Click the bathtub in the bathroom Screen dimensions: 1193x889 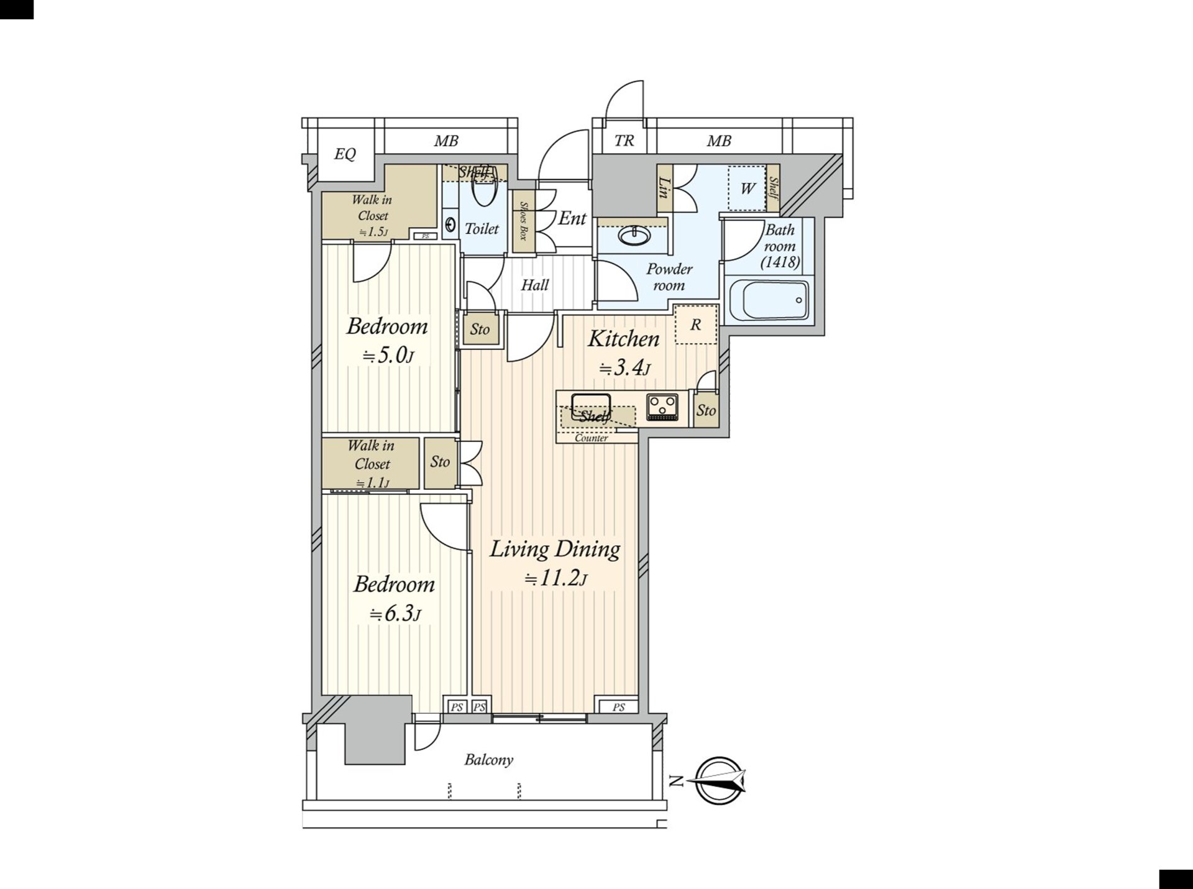tap(768, 301)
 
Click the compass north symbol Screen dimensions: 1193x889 tap(719, 780)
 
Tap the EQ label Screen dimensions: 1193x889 tap(345, 154)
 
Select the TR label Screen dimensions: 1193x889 tap(624, 141)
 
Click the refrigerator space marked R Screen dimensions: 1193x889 tap(696, 324)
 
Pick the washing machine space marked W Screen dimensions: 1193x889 tap(747, 188)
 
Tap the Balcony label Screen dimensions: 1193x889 tap(488, 760)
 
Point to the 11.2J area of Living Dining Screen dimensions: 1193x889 tap(555, 579)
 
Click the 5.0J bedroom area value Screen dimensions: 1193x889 tap(388, 356)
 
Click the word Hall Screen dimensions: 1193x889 tap(534, 285)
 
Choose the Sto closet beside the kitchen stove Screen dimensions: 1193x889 tap(706, 410)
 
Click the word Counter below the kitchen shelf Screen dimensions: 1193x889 tap(591, 438)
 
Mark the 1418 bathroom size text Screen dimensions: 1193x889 tap(780, 262)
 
